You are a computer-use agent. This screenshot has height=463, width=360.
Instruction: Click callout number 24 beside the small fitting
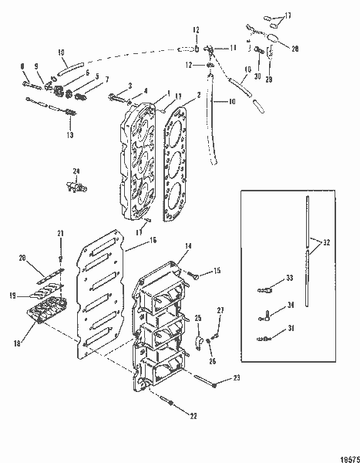click(76, 171)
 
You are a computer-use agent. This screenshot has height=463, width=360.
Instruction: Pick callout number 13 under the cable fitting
click(70, 135)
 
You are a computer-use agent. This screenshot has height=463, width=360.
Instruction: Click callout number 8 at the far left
click(23, 66)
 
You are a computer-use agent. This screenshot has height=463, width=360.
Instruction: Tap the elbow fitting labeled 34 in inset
click(266, 313)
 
